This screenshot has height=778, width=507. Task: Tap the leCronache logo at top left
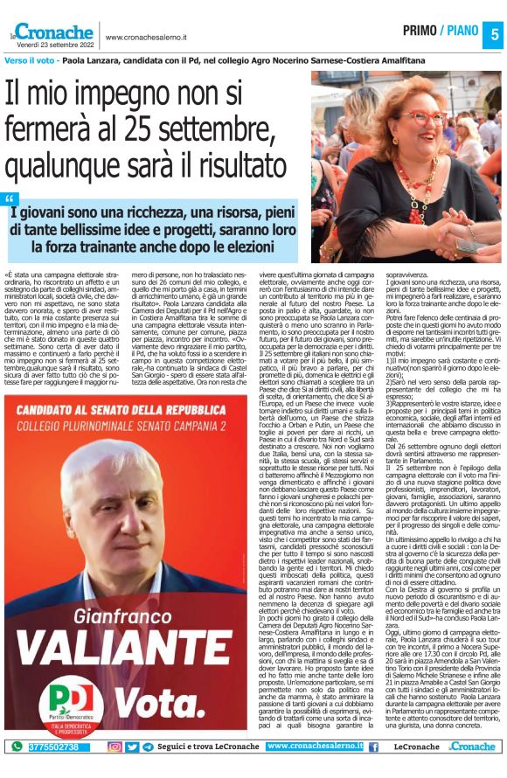52,32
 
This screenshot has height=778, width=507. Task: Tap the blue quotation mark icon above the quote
10,198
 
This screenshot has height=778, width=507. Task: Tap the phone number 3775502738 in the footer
55,747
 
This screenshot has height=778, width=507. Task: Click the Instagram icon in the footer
115,747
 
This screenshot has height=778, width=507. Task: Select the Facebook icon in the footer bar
373,747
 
